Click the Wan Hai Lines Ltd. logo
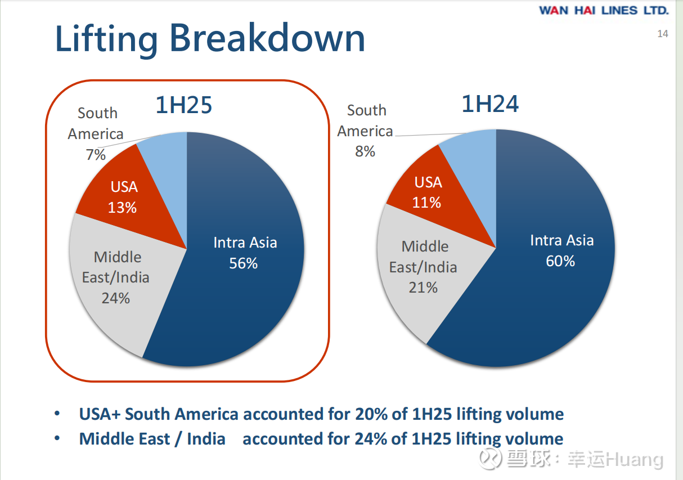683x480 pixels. click(604, 10)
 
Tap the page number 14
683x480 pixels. click(663, 34)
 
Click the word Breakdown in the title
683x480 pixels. click(267, 39)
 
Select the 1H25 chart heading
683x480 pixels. click(184, 105)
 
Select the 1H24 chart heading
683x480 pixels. click(490, 104)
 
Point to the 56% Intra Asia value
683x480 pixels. click(243, 263)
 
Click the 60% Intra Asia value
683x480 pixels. click(560, 261)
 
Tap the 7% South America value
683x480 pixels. click(96, 155)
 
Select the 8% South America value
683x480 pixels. click(365, 151)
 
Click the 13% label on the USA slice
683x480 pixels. click(122, 208)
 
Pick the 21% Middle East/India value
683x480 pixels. click(423, 288)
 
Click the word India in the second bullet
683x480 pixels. click(206, 439)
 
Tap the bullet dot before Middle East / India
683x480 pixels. click(57, 438)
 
